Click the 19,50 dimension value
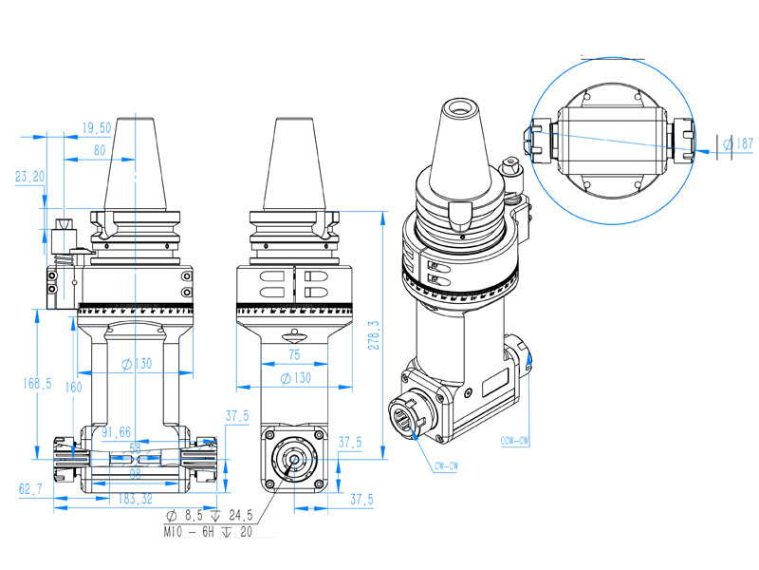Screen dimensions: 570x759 click(97, 127)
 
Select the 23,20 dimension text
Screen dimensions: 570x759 click(30, 177)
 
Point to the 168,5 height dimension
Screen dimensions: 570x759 click(36, 384)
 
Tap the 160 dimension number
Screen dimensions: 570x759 click(74, 388)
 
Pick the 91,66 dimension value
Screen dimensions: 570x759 click(116, 433)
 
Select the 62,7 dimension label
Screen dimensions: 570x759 click(30, 489)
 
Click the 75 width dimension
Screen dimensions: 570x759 click(294, 353)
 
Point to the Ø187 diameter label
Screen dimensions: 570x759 click(737, 143)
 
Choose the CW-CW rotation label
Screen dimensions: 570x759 click(446, 466)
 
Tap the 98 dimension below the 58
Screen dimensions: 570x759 click(136, 472)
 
